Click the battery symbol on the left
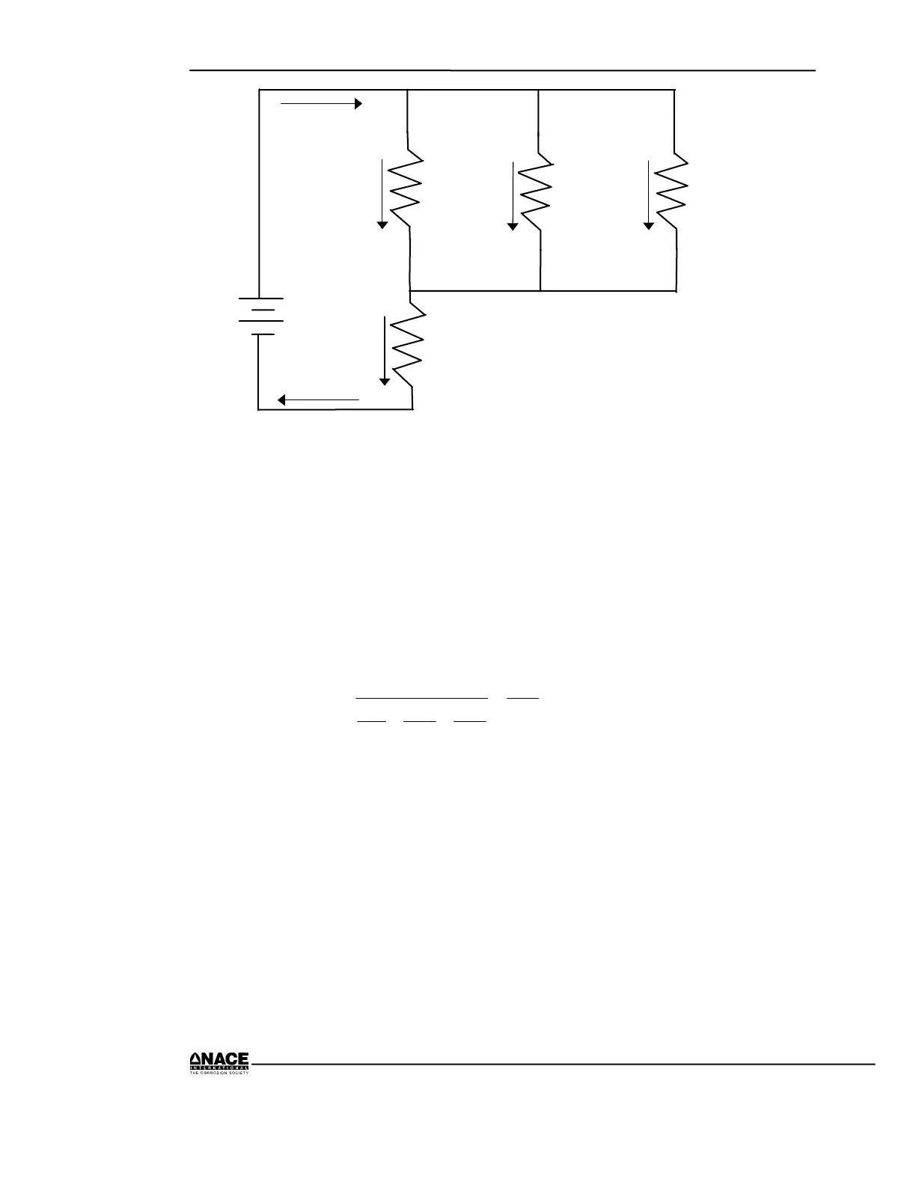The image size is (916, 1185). click(259, 316)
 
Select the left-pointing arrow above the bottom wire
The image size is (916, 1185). click(319, 400)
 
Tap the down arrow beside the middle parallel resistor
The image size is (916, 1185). click(513, 194)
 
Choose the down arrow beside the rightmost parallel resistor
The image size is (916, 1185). click(648, 194)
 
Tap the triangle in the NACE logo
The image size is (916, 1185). click(193, 1058)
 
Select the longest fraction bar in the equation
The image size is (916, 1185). click(421, 698)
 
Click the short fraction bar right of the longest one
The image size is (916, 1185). click(523, 698)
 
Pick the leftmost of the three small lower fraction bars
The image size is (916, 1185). click(370, 721)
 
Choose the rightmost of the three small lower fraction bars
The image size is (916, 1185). click(470, 721)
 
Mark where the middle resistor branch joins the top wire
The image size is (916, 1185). click(539, 90)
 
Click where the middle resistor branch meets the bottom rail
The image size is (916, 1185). click(540, 290)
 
